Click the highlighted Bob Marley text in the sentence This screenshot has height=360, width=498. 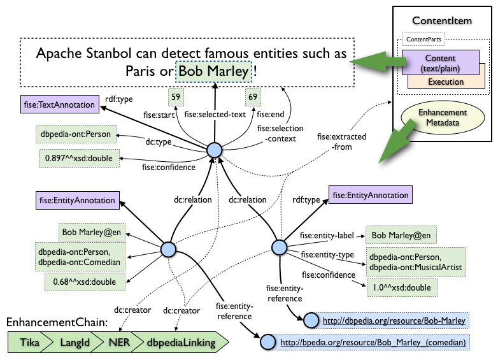click(214, 71)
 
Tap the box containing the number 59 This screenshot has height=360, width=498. click(176, 97)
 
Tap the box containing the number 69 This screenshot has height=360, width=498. click(253, 97)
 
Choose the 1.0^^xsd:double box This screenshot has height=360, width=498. click(402, 288)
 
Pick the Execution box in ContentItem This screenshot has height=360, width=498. click(446, 82)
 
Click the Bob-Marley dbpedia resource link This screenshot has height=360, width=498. click(394, 320)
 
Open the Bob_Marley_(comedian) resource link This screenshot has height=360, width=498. click(373, 343)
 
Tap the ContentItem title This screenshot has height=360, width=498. click(442, 21)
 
